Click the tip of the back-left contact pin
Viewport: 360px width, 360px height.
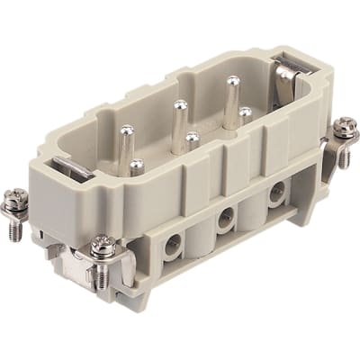coord(125,131)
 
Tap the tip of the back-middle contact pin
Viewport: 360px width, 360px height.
coord(179,104)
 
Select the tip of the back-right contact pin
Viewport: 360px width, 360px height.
coord(232,82)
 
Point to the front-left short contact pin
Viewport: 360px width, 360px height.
coord(137,165)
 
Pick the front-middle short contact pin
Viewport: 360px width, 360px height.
coord(192,138)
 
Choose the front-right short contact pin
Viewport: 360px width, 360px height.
coord(245,112)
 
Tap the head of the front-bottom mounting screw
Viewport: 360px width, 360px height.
coord(102,243)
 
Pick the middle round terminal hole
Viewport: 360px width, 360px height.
coord(225,215)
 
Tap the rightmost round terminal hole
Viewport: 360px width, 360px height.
coord(276,190)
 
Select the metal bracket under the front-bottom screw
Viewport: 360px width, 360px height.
coord(85,270)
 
